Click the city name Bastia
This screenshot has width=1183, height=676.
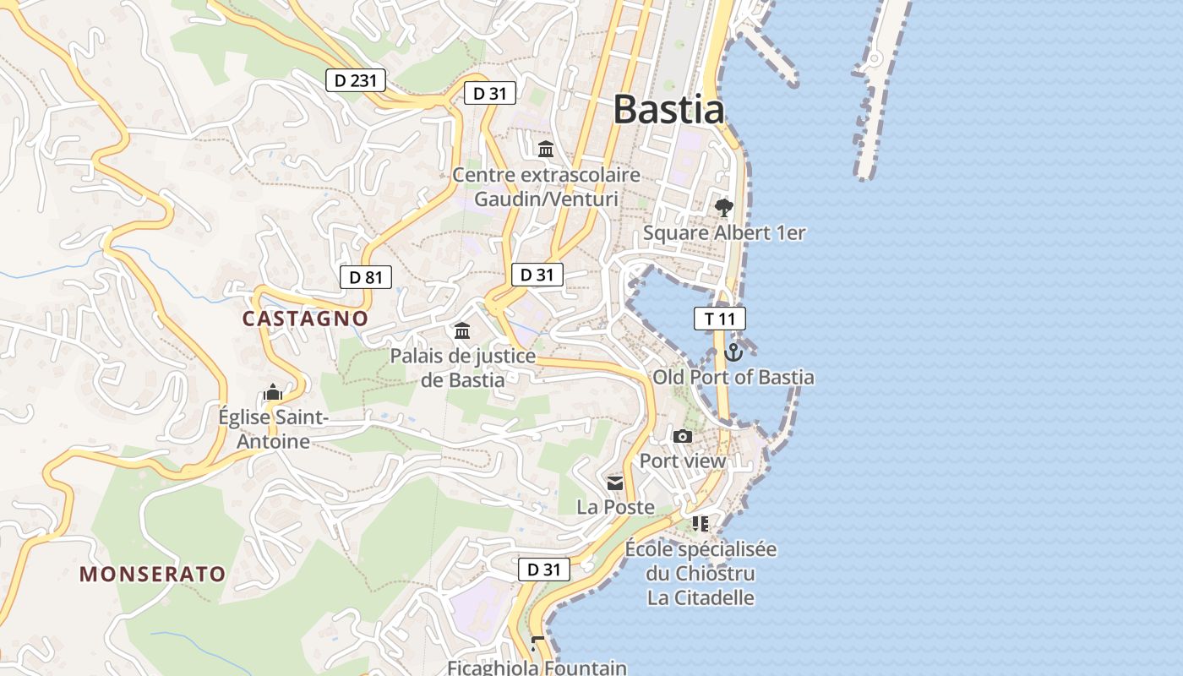pyautogui.click(x=668, y=110)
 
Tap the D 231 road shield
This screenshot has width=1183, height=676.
pyautogui.click(x=356, y=80)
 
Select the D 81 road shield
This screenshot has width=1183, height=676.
pyautogui.click(x=366, y=276)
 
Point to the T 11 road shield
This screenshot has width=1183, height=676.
pyautogui.click(x=719, y=319)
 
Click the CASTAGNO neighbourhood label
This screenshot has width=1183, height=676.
pyautogui.click(x=305, y=319)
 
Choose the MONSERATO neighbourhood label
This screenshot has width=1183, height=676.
pyautogui.click(x=153, y=575)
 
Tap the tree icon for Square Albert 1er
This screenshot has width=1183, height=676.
pyautogui.click(x=723, y=208)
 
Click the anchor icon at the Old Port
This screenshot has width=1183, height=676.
pyautogui.click(x=733, y=352)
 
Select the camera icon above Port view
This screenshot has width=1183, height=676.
pyautogui.click(x=683, y=437)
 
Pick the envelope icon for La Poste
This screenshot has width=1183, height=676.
pyautogui.click(x=615, y=483)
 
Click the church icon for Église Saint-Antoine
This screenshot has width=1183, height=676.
pyautogui.click(x=272, y=393)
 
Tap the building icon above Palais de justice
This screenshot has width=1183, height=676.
pyautogui.click(x=462, y=330)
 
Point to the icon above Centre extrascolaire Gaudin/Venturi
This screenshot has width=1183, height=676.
pyautogui.click(x=546, y=150)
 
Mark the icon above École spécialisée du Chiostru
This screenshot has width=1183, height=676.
pyautogui.click(x=700, y=524)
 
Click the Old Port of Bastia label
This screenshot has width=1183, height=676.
pyautogui.click(x=733, y=377)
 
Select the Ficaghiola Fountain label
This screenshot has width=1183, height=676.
pyautogui.click(x=537, y=668)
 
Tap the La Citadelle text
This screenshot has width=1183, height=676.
pyautogui.click(x=701, y=597)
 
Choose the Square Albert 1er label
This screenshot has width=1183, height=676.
pyautogui.click(x=724, y=232)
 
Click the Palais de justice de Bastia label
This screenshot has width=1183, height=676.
pyautogui.click(x=462, y=368)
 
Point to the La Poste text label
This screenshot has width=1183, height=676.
pyautogui.click(x=615, y=507)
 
